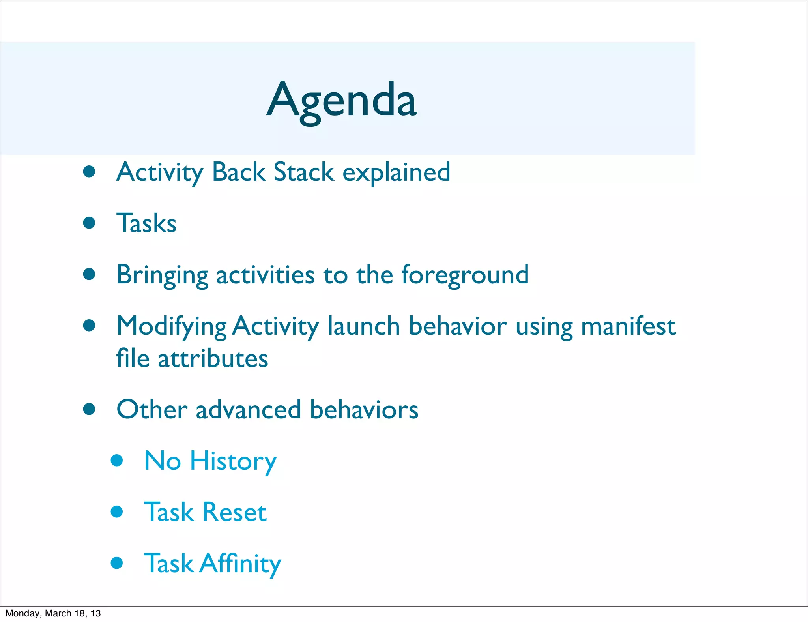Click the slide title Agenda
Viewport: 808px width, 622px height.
[342, 101]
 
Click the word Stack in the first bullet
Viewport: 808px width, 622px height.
[304, 172]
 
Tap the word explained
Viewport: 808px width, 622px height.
[396, 173]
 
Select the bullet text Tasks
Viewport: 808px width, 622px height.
[146, 223]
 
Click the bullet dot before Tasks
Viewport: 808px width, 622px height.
[90, 223]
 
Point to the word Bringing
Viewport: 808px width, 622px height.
[162, 275]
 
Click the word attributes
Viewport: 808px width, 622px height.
[213, 359]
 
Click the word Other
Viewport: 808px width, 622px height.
[152, 409]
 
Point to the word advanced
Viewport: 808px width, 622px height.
[248, 409]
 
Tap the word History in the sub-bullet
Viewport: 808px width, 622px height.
[233, 461]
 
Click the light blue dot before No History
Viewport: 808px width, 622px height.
[117, 460]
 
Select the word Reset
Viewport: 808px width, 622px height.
[234, 512]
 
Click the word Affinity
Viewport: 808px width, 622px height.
[240, 564]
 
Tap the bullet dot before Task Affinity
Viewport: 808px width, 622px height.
[117, 562]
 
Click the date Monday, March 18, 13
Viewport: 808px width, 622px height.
[53, 613]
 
